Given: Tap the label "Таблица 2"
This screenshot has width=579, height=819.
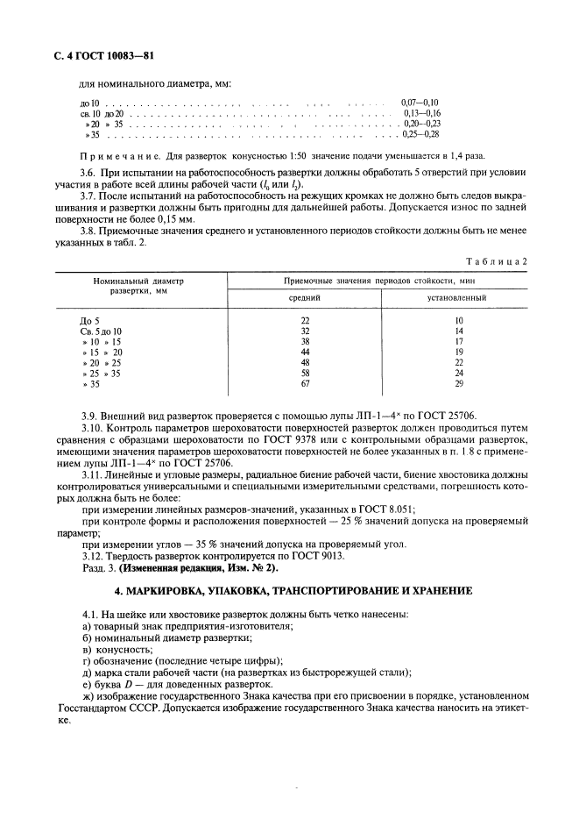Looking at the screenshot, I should [499, 262].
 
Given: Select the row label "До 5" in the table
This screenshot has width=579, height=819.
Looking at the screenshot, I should [90, 321].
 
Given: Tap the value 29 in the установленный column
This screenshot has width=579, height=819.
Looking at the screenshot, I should [457, 384].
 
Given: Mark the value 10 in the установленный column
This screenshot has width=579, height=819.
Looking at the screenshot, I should [457, 321].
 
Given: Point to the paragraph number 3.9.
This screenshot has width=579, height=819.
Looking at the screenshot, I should [88, 416].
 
